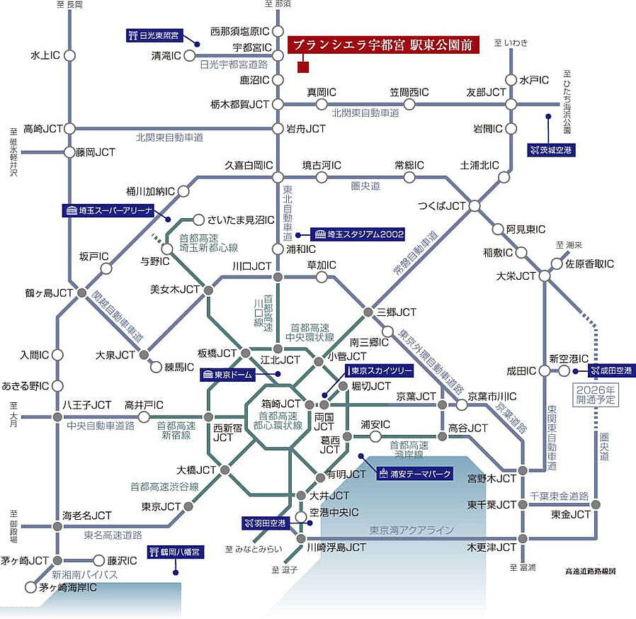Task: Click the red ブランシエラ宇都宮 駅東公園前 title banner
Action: click(x=384, y=44)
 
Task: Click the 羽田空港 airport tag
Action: click(x=264, y=523)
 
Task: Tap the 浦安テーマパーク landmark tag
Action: click(x=414, y=475)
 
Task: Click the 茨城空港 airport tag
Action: click(x=551, y=150)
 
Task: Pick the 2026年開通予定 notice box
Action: click(x=596, y=394)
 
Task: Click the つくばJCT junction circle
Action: click(x=475, y=205)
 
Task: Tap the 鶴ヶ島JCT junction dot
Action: click(x=82, y=293)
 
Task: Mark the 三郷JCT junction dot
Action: click(x=368, y=312)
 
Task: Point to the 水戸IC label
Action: click(x=534, y=80)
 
